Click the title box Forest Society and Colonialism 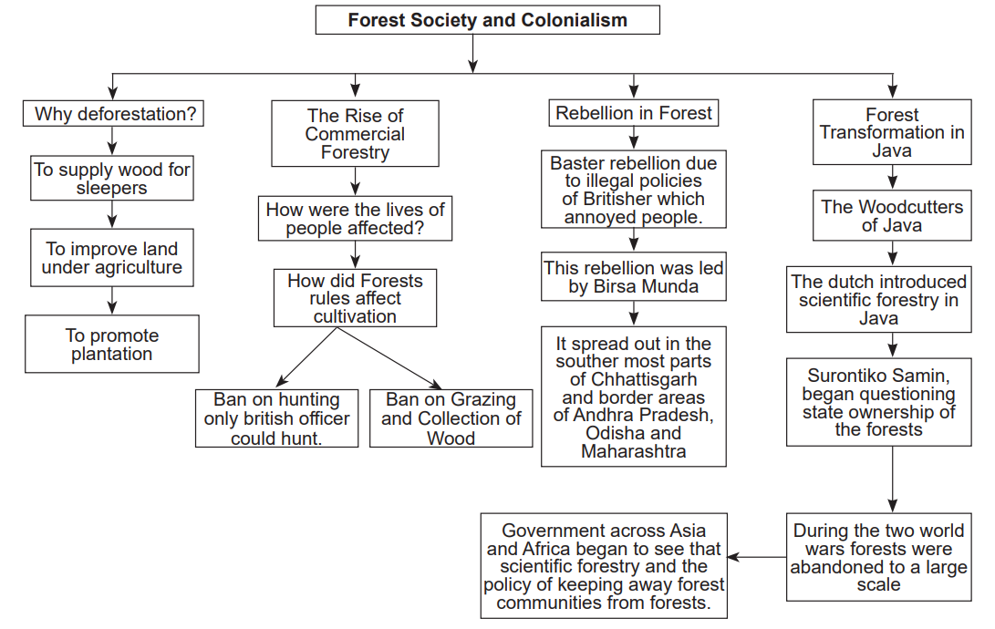point(487,20)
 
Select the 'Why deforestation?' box point(113,114)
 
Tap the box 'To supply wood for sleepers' point(112,179)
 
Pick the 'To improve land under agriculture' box point(112,258)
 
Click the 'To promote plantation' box point(112,345)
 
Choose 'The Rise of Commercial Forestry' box point(355,134)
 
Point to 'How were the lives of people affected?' point(355,219)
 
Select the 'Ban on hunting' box point(277,418)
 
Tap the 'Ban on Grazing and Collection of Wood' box point(451,418)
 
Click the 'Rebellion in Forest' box point(634,113)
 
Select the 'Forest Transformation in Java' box point(891,132)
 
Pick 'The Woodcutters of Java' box point(891,216)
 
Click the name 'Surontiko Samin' point(879,376)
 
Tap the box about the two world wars point(878,557)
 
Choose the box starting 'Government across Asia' point(604,566)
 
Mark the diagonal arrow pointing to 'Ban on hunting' point(305,358)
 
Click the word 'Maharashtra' point(634,451)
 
